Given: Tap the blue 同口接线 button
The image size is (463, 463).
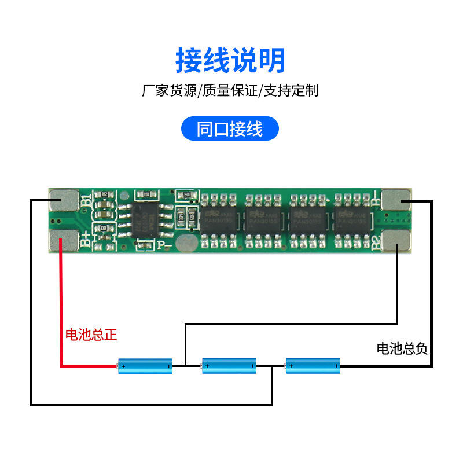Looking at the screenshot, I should tap(230, 129).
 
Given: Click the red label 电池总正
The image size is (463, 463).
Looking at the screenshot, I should tap(91, 335).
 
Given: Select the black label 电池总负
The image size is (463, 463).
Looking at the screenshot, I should tap(402, 348).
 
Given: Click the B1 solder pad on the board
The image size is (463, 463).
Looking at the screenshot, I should tap(64, 200).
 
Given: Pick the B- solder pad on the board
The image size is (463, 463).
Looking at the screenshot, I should tap(398, 200).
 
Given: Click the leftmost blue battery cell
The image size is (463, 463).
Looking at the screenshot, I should tap(145, 366).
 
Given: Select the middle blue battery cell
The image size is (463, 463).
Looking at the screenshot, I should tap(229, 365).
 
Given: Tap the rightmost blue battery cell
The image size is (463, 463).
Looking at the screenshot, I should tap(313, 365).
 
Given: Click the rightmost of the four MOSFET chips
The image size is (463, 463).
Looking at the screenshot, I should tap(353, 221).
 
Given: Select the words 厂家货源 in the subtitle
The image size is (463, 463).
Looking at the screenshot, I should tap(168, 91).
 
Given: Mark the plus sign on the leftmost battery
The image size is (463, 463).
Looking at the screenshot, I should tap(123, 366).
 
